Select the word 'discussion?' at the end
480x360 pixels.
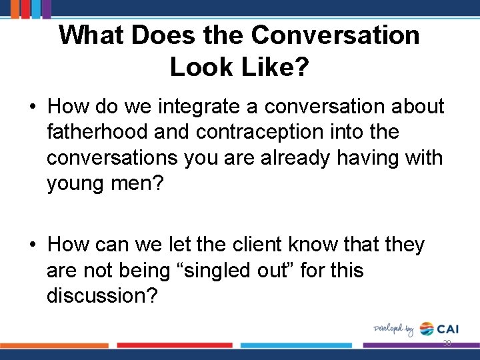click(x=102, y=297)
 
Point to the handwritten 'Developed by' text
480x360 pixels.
click(x=393, y=329)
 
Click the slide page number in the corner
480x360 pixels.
click(x=447, y=343)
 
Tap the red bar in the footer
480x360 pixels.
click(x=175, y=345)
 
